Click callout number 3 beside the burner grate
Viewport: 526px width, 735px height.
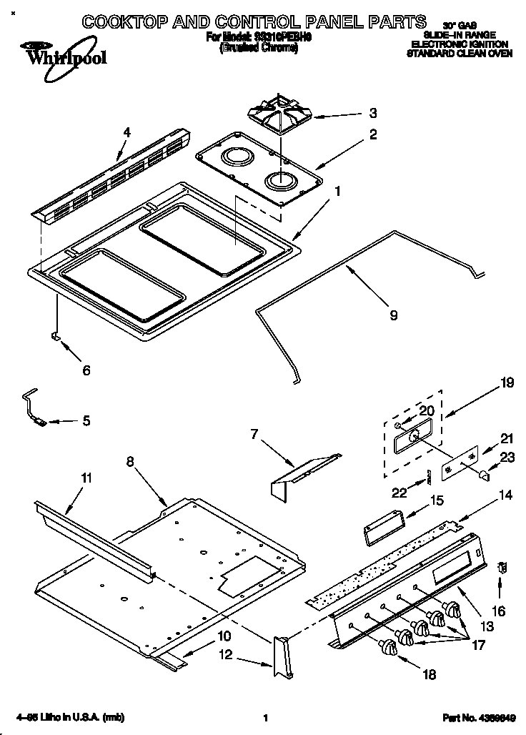click(x=372, y=113)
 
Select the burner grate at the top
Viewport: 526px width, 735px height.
click(x=279, y=119)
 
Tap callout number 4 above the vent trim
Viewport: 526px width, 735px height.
click(x=127, y=132)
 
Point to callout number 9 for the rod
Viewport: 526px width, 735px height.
click(x=393, y=314)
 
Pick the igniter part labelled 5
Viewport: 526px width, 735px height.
click(x=34, y=408)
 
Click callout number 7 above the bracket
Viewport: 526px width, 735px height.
click(x=254, y=433)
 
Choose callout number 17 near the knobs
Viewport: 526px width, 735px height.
click(x=477, y=644)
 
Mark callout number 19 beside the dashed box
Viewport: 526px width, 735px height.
click(x=507, y=383)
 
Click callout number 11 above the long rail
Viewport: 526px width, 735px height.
click(x=86, y=477)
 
